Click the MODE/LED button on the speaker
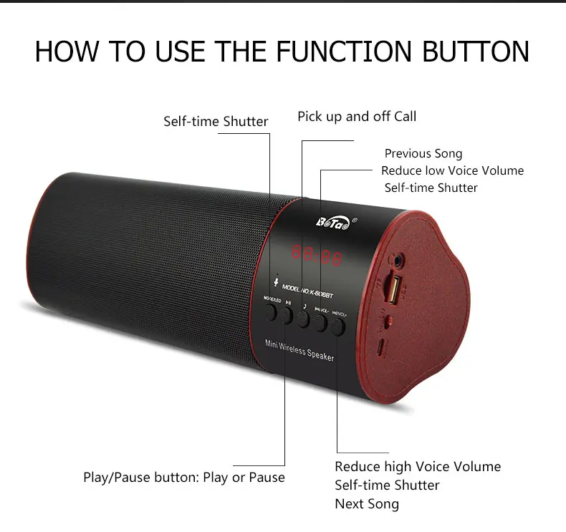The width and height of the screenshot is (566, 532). click(271, 311)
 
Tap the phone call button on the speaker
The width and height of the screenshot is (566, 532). click(304, 318)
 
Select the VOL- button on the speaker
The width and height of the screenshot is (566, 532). click(320, 324)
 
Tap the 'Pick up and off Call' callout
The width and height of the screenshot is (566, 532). click(357, 116)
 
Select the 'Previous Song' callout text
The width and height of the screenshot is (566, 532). click(423, 153)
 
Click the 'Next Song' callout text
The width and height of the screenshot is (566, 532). click(367, 504)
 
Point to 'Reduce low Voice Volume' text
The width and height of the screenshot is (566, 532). click(452, 170)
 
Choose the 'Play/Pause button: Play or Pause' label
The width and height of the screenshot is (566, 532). click(184, 478)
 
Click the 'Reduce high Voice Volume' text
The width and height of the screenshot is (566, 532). click(418, 467)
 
